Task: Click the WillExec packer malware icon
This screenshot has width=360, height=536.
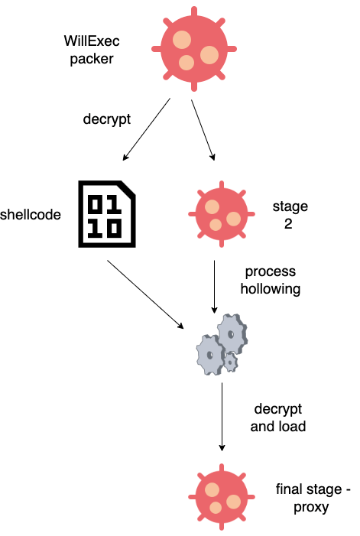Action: [x=190, y=48]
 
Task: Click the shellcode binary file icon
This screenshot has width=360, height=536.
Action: [x=107, y=215]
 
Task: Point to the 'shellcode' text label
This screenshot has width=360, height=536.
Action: [x=31, y=215]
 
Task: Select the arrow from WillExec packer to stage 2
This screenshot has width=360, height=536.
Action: [x=203, y=130]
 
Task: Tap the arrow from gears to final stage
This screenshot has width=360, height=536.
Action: [x=222, y=417]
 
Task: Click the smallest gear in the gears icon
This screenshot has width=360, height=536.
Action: [x=230, y=360]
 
